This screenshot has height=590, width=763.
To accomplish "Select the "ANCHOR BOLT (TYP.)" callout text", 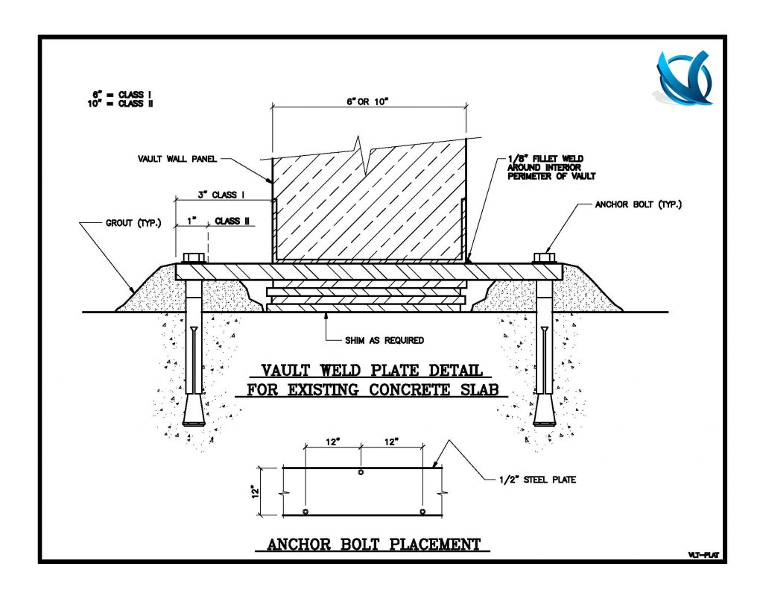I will coord(638,204).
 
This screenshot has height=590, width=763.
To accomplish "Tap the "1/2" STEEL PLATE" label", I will coord(538,480).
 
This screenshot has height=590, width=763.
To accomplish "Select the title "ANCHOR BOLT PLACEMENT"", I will coord(374,545).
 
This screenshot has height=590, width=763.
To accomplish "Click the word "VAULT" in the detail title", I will coord(286,370).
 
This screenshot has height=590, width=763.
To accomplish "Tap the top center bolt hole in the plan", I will coord(361,473).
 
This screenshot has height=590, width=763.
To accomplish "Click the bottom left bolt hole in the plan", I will coord(305,511).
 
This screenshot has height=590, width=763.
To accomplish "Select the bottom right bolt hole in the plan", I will coord(422,511).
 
